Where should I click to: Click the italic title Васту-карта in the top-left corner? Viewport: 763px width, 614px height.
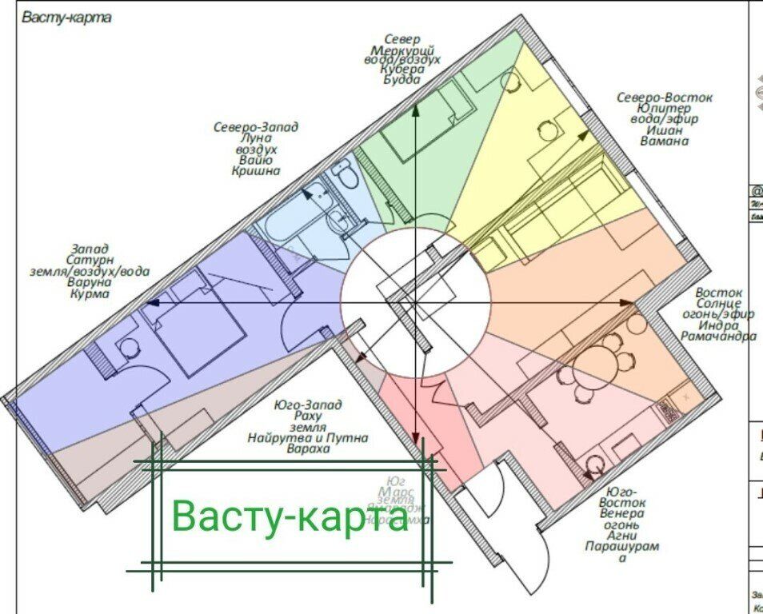click(66, 18)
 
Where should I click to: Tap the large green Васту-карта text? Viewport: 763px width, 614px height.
click(290, 516)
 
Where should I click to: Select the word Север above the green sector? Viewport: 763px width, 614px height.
click(401, 38)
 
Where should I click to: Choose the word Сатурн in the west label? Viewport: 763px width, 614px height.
click(89, 260)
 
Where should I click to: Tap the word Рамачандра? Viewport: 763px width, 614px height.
click(717, 337)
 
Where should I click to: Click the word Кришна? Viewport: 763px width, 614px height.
click(256, 170)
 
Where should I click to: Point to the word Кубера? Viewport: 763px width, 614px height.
click(401, 70)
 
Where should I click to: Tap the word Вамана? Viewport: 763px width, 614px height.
click(664, 141)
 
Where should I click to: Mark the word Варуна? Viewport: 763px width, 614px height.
click(89, 282)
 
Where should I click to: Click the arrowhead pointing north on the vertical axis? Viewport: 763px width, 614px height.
click(416, 112)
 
